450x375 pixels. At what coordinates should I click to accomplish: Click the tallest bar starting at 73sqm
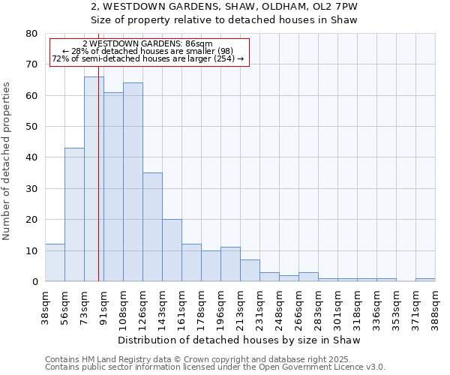click(x=94, y=179)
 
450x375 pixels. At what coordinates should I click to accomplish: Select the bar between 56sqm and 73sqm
click(x=74, y=214)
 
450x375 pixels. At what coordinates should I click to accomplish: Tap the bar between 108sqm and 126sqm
click(x=133, y=182)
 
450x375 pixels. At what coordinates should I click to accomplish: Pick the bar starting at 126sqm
click(x=152, y=227)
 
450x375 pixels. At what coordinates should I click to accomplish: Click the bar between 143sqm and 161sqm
click(x=172, y=250)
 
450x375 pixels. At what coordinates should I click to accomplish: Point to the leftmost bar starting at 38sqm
click(x=55, y=262)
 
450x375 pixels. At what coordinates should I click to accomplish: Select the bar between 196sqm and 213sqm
click(x=230, y=264)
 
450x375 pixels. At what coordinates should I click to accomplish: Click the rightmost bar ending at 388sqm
click(x=425, y=280)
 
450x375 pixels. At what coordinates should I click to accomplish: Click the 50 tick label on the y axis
click(x=31, y=127)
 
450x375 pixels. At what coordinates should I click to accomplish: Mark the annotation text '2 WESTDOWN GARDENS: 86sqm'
click(x=148, y=44)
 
